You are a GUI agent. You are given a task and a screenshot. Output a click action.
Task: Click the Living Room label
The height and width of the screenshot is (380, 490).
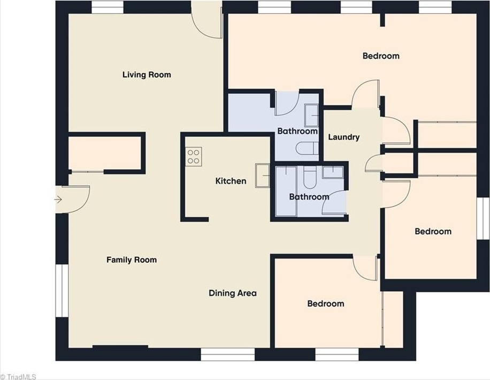coord(147,75)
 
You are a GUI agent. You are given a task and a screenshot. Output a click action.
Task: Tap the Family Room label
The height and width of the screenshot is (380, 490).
coord(132,260)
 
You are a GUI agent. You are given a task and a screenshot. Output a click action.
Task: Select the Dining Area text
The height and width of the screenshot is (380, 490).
coord(233,293)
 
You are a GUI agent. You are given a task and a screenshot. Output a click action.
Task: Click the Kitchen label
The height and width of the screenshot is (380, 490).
coord(231,181)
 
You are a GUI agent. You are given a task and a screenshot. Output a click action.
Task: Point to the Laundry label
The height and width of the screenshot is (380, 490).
coord(344,137)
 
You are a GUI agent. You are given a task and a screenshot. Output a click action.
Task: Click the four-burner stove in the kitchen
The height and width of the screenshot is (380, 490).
coord(194,157)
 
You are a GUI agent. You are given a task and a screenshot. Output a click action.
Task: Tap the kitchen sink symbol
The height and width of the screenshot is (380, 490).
coord(263,176)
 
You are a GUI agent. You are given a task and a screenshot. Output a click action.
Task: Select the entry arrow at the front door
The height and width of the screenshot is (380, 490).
coord(58,199)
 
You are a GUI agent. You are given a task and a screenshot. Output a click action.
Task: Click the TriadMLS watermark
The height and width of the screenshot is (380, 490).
coord(18,377)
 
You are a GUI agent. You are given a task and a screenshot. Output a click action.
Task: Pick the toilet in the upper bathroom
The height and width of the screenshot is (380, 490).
coord(307,148)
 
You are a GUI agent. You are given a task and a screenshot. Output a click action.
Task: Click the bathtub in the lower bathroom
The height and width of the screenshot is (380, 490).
coord(286,191)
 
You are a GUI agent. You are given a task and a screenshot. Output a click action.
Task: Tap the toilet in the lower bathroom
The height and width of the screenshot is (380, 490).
coord(310,177)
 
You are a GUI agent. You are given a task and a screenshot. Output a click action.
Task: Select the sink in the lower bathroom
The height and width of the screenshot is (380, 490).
coord(333,172)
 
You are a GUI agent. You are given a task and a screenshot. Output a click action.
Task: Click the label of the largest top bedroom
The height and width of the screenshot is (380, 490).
coord(381,56)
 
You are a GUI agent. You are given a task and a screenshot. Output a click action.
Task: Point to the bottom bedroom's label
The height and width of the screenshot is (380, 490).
coord(326,303)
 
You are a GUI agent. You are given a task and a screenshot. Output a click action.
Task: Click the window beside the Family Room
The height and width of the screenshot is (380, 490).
coord(62,291)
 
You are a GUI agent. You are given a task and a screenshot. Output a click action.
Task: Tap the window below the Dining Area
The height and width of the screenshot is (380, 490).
coord(227,354)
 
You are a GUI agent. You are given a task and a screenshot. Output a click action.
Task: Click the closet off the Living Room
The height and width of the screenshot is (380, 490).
coord(105,153)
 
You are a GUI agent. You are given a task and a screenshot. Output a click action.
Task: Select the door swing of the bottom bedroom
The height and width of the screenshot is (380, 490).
coord(364,268)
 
